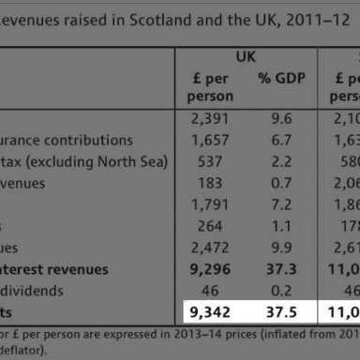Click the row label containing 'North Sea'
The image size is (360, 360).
[x=83, y=161]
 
